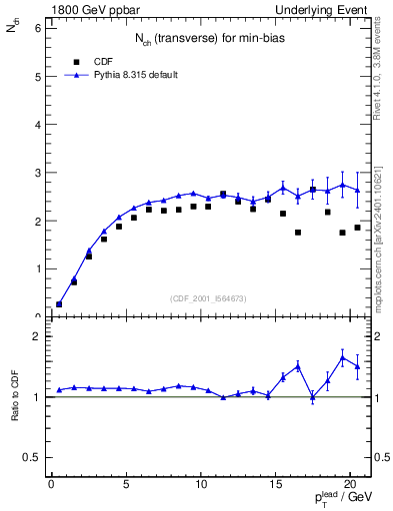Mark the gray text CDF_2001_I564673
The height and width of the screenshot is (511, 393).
[x=210, y=297]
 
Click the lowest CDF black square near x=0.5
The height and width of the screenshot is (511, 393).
[x=59, y=304]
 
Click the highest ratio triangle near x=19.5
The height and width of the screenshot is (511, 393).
[x=343, y=357]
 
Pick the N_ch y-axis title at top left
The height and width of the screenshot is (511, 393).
[x=13, y=32]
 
